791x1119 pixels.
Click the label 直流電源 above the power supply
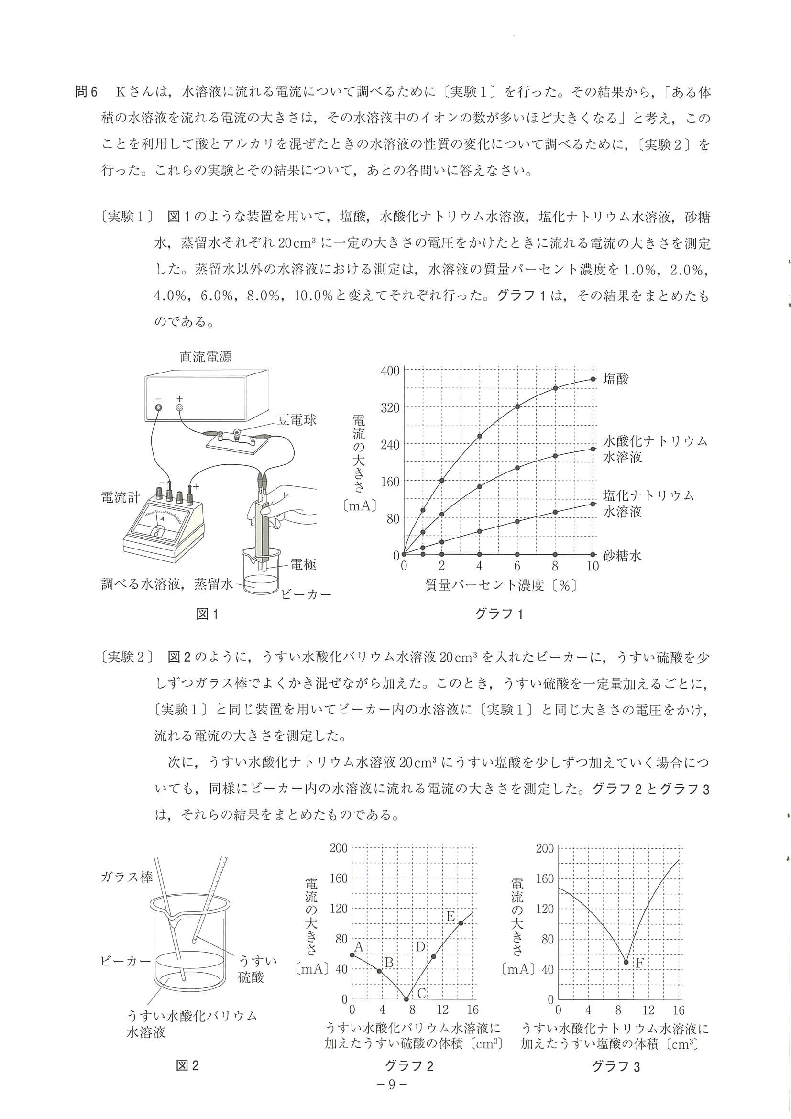205,357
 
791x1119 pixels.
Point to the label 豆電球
297,419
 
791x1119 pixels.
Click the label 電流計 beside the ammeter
121,497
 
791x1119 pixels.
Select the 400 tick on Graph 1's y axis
389,371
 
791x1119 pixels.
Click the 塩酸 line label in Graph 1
616,379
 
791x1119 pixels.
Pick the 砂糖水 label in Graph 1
622,555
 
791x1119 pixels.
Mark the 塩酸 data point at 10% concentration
593,379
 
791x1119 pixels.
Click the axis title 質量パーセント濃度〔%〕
501,585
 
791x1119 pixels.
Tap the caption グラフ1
499,614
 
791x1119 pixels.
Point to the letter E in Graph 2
451,917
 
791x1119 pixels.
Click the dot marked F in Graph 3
626,963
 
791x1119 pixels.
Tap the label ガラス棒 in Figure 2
127,877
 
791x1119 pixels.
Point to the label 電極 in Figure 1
303,564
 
